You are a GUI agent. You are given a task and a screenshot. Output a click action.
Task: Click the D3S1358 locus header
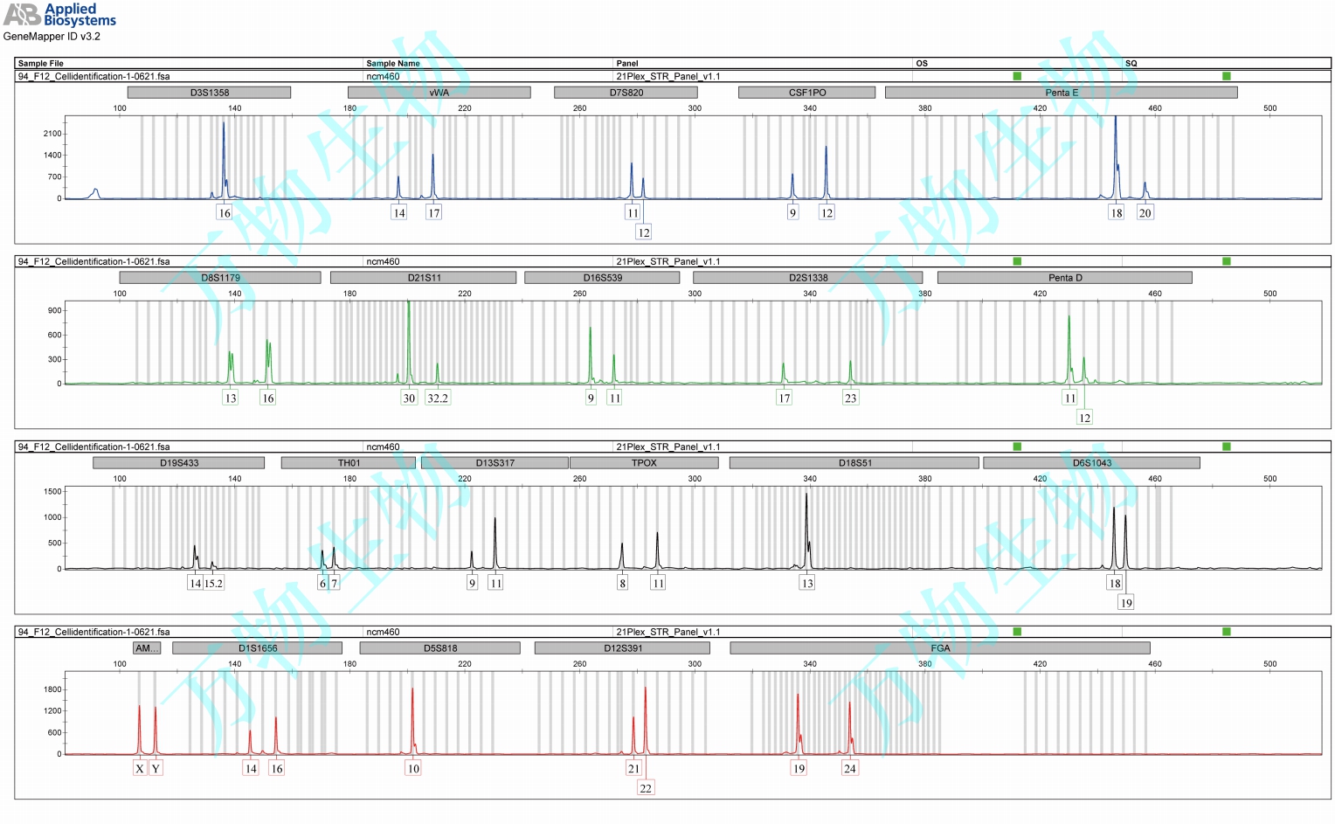point(209,93)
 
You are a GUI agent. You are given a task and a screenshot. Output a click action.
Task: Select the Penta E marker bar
point(1061,93)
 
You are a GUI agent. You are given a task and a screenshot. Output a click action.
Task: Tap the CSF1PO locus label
point(806,93)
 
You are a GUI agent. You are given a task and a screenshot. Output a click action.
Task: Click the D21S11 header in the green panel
point(424,278)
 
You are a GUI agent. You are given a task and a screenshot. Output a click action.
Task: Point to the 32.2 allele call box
point(438,398)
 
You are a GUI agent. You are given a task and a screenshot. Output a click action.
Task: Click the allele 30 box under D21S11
point(409,398)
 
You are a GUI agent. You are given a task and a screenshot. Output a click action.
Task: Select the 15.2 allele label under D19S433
point(214,584)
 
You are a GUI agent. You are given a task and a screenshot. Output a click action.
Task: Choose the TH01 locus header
point(349,463)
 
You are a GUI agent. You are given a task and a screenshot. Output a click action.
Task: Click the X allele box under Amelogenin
point(139,769)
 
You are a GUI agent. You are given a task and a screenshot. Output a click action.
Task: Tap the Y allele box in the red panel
point(156,769)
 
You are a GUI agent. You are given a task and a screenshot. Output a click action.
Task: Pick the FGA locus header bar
point(940,648)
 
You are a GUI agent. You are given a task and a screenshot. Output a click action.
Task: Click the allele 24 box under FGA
point(850,769)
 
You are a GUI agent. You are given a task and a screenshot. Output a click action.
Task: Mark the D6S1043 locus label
point(1091,463)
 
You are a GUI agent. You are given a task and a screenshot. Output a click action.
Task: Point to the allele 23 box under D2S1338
point(850,398)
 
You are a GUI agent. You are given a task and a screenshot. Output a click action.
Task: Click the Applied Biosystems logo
point(59,15)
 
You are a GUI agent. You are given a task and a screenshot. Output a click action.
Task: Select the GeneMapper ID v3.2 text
point(52,37)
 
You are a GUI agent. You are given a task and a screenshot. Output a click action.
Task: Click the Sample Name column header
point(393,64)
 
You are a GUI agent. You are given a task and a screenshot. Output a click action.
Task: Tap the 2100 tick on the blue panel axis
point(52,134)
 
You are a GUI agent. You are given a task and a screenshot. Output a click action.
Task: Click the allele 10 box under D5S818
point(413,769)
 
